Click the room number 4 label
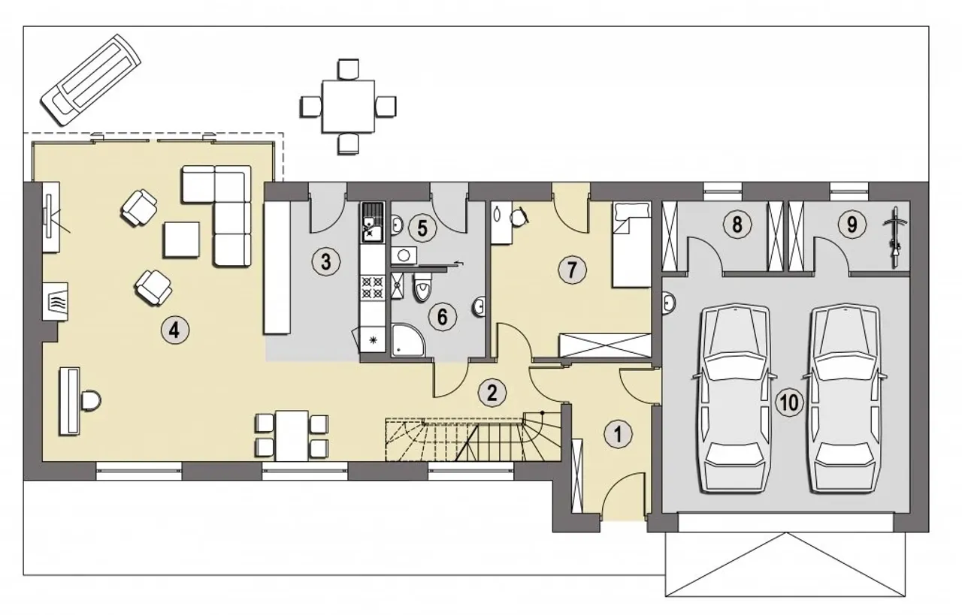(175, 330)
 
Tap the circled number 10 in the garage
(789, 402)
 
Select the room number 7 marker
(572, 270)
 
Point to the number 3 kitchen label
(326, 262)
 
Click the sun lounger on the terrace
(91, 80)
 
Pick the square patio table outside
(348, 106)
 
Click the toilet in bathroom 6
(422, 286)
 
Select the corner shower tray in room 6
(408, 340)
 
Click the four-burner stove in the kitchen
(372, 288)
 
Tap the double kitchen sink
(372, 223)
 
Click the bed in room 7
(632, 245)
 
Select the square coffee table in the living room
(181, 240)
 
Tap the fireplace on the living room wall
(55, 301)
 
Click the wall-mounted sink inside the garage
(669, 304)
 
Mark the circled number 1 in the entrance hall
(618, 434)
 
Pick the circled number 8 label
(737, 224)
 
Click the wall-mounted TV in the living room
(48, 216)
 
